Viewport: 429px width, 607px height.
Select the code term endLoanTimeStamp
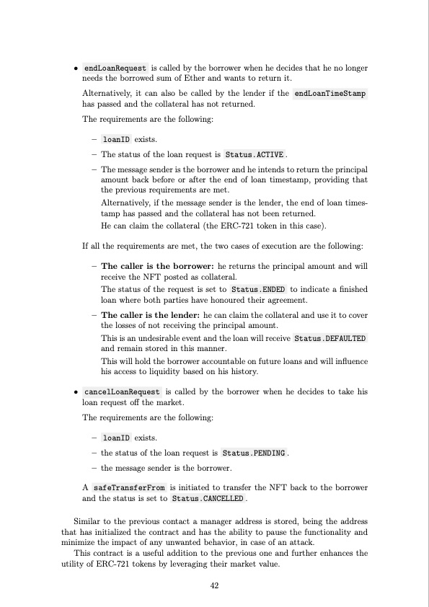tap(331, 93)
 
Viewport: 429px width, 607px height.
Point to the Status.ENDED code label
tap(254, 289)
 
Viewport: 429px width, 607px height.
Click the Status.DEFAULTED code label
tap(330, 337)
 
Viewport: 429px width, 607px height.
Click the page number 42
tap(214, 585)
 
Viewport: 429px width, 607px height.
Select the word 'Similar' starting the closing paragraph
tap(89, 520)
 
